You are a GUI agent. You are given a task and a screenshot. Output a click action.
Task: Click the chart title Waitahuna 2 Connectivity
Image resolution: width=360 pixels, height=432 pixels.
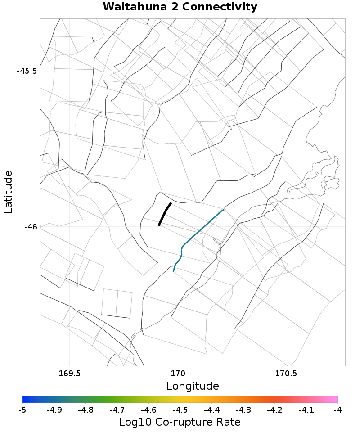[x=180, y=7]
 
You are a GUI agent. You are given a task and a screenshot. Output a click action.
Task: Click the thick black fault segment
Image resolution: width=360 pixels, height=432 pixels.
[x=165, y=214]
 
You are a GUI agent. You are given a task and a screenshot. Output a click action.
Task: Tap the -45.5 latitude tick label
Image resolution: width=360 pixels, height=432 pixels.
[x=27, y=71]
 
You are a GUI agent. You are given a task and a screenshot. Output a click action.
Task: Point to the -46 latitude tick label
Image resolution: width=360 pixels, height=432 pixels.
[x=31, y=227]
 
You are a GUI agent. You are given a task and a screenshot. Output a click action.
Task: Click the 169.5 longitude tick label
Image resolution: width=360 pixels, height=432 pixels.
[x=70, y=373]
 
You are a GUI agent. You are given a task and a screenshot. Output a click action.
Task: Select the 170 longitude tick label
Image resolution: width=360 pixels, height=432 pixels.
[x=178, y=373]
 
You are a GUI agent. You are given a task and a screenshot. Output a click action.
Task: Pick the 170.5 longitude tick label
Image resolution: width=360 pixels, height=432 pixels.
[x=287, y=373]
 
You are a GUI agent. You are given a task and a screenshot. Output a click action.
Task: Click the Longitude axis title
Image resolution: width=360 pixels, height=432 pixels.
[x=193, y=386]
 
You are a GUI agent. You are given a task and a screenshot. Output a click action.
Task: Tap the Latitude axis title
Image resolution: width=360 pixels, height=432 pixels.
[x=8, y=192]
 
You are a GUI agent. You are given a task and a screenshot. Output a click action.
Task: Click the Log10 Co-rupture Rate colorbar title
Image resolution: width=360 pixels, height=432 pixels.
[x=180, y=422]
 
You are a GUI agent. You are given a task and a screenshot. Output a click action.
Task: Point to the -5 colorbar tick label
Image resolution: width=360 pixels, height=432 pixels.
[x=22, y=410]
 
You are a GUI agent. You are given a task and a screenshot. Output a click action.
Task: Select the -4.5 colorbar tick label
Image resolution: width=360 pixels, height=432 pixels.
[x=180, y=410]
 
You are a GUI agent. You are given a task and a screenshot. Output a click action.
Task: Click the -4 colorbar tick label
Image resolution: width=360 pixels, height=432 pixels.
[x=337, y=410]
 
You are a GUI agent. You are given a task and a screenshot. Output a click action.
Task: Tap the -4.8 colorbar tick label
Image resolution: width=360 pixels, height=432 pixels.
[x=85, y=410]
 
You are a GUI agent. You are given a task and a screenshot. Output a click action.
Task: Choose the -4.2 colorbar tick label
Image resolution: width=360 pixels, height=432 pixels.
[x=274, y=410]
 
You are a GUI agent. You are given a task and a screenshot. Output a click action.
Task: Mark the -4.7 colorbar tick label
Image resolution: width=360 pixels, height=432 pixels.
[x=117, y=410]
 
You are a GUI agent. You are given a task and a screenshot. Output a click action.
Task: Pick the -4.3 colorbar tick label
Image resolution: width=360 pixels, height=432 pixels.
[x=243, y=410]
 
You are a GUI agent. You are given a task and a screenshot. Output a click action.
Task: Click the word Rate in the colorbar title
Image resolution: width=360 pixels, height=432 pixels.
[x=228, y=422]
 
